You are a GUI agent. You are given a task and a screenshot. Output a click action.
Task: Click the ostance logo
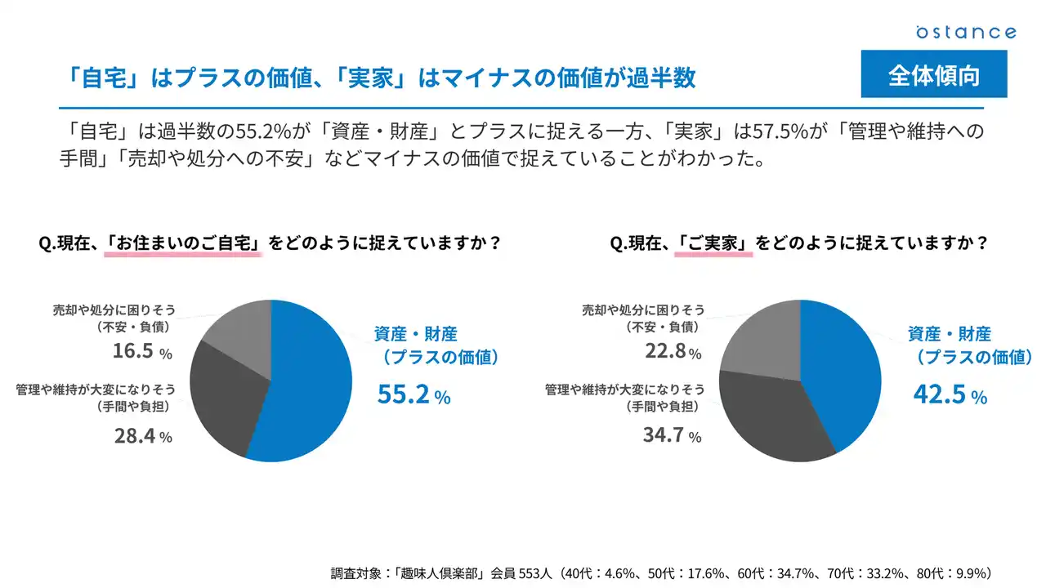point(965,32)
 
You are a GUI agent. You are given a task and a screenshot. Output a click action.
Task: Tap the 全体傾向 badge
point(934,75)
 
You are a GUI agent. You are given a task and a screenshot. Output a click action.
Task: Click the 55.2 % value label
point(413,395)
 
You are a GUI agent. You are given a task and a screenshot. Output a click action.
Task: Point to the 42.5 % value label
point(950,394)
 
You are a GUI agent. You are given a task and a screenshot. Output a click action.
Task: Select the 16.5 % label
point(142,353)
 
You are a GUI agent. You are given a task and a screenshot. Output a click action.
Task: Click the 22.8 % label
point(672,353)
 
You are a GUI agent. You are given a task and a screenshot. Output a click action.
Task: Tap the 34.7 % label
point(672,436)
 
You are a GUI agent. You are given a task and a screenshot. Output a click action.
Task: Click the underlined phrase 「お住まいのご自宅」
point(183,243)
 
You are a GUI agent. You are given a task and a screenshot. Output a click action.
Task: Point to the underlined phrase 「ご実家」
point(713,243)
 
